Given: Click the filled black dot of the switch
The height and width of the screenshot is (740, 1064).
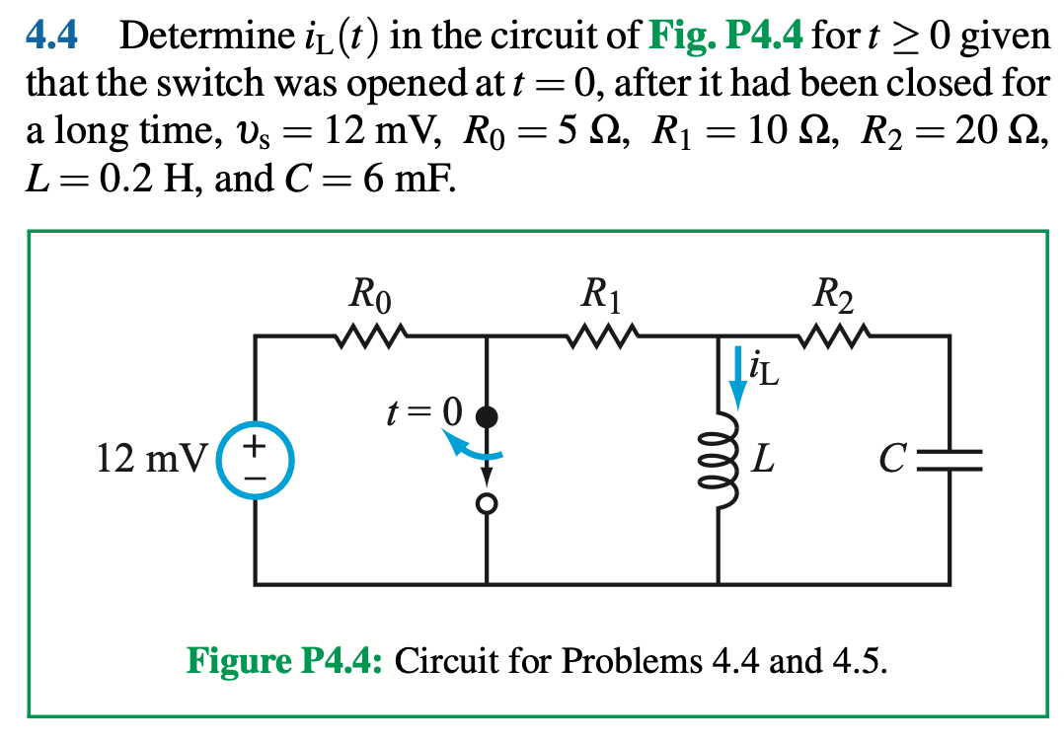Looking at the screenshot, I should (486, 415).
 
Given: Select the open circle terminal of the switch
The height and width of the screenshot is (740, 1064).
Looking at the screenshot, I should (486, 504).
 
